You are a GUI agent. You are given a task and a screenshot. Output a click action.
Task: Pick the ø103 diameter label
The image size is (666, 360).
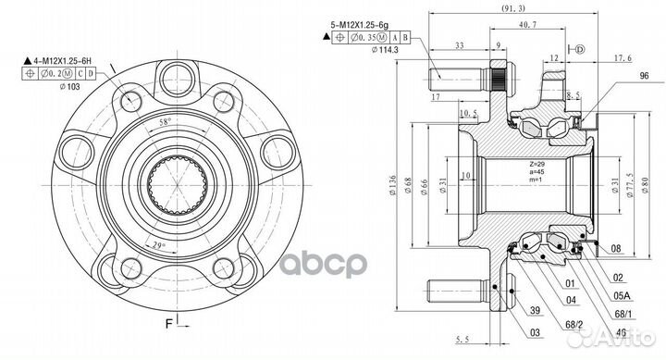click(x=68, y=87)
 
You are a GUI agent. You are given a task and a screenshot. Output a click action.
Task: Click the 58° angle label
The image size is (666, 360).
click(x=164, y=123)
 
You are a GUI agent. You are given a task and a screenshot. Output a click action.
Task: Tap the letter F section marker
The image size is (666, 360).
click(x=167, y=325)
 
